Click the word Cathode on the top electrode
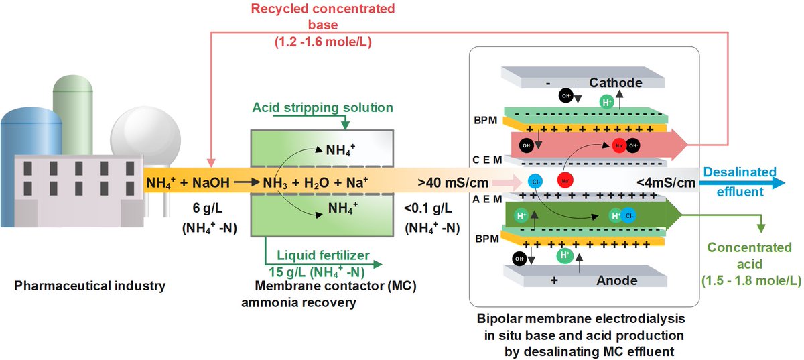point(616,83)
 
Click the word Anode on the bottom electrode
point(616,280)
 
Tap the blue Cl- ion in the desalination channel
point(535,182)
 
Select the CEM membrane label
point(487,160)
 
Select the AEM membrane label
point(487,199)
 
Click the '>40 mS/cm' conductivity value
point(453,182)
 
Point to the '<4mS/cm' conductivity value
point(666,183)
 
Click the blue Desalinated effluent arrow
point(742,183)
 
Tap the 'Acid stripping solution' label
point(322,107)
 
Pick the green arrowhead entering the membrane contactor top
point(345,125)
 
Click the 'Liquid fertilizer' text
point(323,255)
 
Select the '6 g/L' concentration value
point(208,208)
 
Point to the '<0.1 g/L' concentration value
point(428,208)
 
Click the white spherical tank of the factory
point(145,137)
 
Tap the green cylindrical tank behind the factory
point(73,115)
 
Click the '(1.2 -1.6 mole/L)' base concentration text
point(323,42)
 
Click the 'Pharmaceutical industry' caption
point(90,286)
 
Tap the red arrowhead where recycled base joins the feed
point(211,162)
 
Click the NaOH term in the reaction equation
point(210,182)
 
